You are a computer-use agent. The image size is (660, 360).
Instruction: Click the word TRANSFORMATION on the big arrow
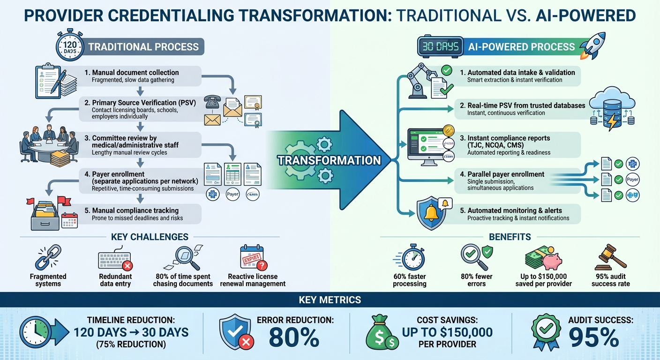[x=329, y=160]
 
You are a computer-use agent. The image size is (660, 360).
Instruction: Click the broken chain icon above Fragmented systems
[x=48, y=257]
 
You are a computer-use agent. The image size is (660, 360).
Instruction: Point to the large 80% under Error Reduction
[x=295, y=337]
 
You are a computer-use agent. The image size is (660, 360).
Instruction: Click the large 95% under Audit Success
[x=594, y=337]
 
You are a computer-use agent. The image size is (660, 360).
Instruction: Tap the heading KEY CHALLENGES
[x=150, y=237]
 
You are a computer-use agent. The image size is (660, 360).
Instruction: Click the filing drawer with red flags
[x=45, y=214]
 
